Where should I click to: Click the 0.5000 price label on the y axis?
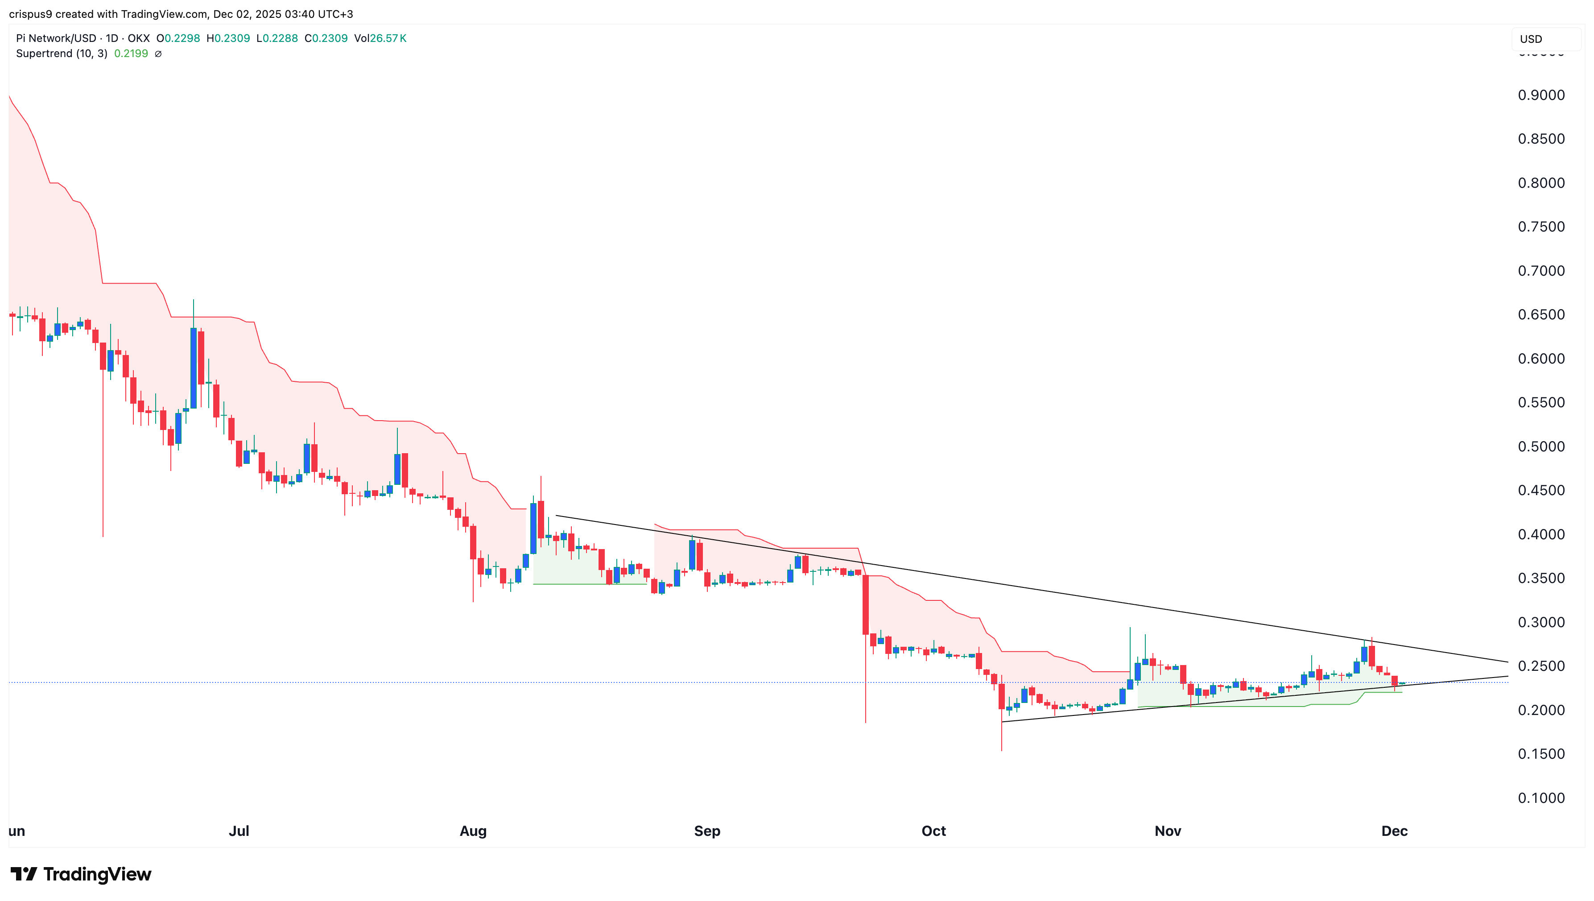pyautogui.click(x=1541, y=446)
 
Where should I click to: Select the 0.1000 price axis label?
pyautogui.click(x=1541, y=798)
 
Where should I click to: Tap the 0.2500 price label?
pyautogui.click(x=1541, y=666)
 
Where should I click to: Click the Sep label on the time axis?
pyautogui.click(x=706, y=831)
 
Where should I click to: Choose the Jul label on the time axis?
pyautogui.click(x=239, y=831)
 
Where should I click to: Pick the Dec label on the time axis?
pyautogui.click(x=1394, y=831)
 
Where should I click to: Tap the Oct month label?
pyautogui.click(x=933, y=831)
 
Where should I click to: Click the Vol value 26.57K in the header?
pyautogui.click(x=388, y=38)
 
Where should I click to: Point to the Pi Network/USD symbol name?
pyautogui.click(x=56, y=38)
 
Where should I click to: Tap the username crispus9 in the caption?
pyautogui.click(x=30, y=14)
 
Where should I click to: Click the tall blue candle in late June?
pyautogui.click(x=194, y=368)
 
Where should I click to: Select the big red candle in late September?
pyautogui.click(x=865, y=604)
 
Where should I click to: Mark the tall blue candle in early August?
pyautogui.click(x=533, y=528)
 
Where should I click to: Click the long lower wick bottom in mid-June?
pyautogui.click(x=103, y=536)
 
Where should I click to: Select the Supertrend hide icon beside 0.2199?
pyautogui.click(x=158, y=54)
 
